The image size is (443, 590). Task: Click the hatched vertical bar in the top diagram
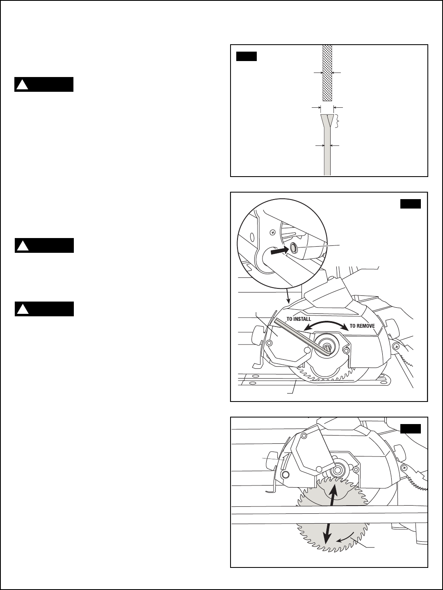327,73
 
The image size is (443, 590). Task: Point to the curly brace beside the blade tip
338,122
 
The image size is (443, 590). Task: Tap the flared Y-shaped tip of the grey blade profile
327,121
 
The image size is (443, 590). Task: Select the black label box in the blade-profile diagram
247,56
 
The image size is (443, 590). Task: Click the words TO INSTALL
299,318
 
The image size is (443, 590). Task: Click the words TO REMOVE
362,326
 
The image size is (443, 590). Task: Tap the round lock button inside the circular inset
294,247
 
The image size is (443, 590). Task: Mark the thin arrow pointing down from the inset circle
288,294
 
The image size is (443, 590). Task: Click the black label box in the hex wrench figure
411,204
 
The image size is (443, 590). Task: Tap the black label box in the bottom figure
411,429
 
